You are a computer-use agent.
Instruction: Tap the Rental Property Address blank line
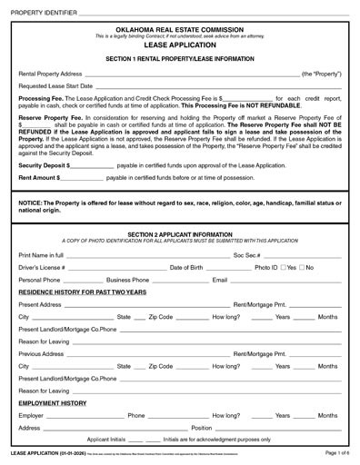[x=191, y=74]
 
